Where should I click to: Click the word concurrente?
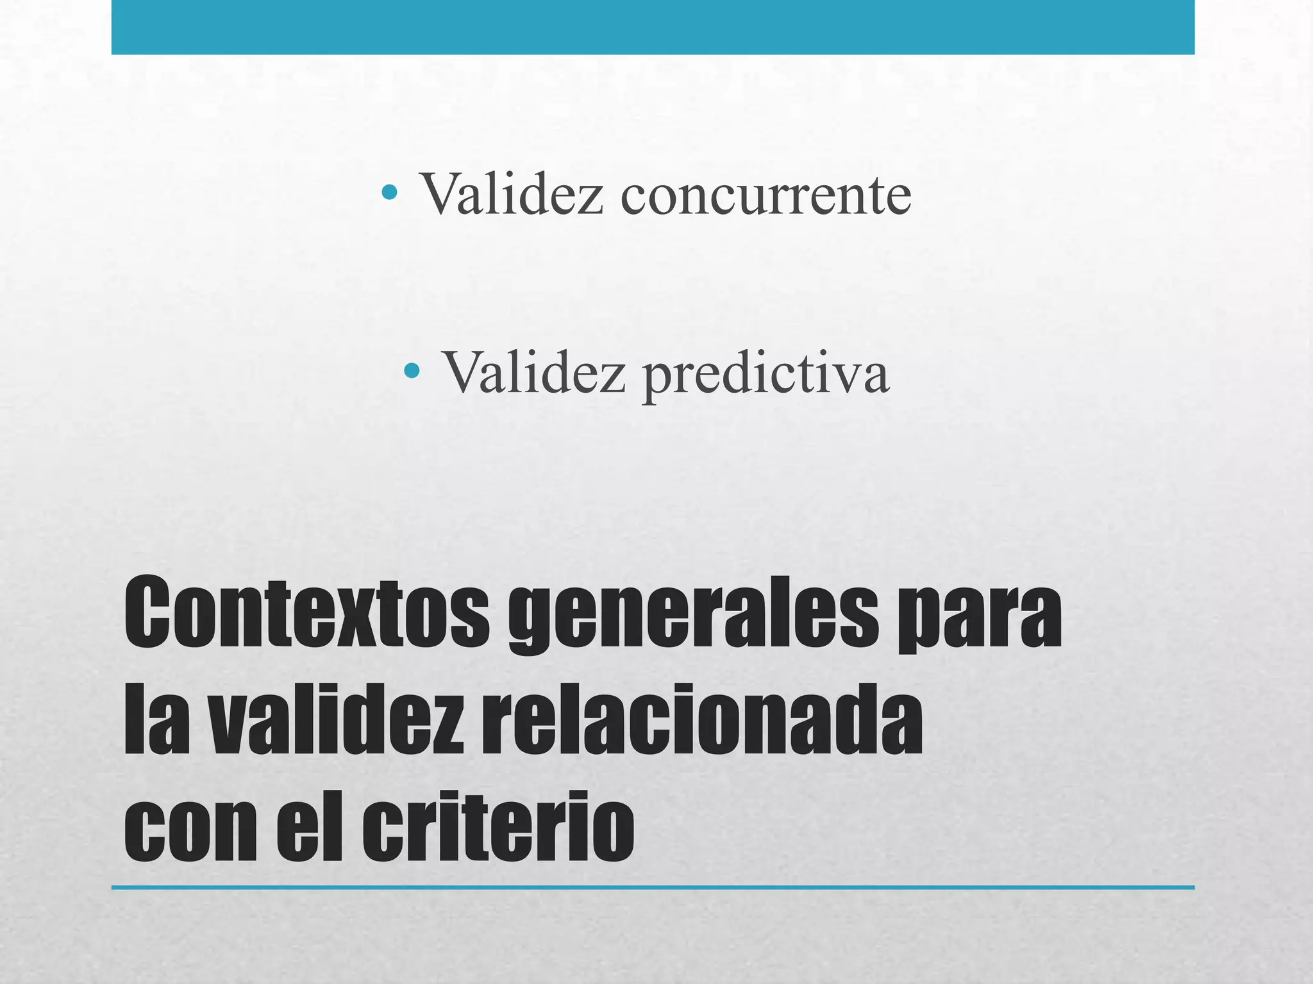[x=765, y=193]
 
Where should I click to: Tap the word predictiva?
[x=766, y=373]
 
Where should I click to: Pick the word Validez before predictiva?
[x=533, y=373]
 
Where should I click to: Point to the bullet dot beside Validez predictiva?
[x=412, y=370]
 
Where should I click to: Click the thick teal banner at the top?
[x=653, y=27]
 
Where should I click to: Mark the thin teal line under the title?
[x=653, y=888]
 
